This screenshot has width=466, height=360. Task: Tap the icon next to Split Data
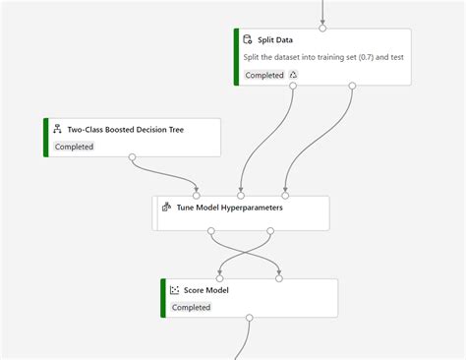(249, 39)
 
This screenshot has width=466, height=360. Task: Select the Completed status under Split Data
(264, 75)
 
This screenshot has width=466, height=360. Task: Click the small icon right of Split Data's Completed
(293, 75)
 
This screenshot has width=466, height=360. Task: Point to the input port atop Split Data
(322, 29)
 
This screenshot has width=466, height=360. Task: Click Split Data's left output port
(292, 86)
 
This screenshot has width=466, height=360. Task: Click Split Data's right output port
(352, 86)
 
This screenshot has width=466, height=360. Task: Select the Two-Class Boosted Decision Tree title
(125, 129)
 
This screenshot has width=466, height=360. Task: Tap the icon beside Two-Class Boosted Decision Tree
(57, 129)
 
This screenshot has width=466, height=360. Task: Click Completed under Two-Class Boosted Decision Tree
(74, 147)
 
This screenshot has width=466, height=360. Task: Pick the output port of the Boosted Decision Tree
(133, 156)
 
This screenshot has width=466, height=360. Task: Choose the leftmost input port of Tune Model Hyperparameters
(197, 195)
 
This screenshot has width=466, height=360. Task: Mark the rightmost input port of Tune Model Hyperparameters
(285, 195)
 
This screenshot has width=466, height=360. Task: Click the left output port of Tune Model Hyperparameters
(210, 231)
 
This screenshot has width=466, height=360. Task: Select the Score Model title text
(206, 290)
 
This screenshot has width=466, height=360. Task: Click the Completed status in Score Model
(191, 307)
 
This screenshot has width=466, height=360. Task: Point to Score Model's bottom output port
(250, 318)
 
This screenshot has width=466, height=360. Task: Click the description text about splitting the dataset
(323, 57)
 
